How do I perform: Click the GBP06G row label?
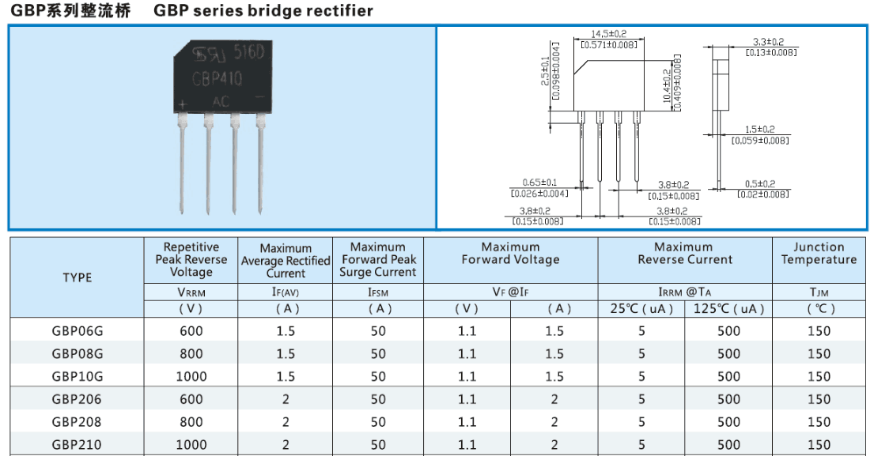pos(78,330)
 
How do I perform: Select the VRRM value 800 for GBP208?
pos(191,422)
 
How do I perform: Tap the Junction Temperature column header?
pos(819,254)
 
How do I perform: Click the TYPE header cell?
pos(78,277)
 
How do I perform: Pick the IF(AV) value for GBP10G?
pos(286,376)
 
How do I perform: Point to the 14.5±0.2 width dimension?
pos(608,34)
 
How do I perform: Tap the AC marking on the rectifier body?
pos(221,100)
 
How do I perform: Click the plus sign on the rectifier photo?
pos(183,104)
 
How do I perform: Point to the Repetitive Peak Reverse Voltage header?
pos(191,259)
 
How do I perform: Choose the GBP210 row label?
pos(78,445)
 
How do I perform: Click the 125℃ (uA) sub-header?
pos(728,309)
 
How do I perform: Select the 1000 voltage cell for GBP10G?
pos(191,376)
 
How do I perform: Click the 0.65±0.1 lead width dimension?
pos(539,182)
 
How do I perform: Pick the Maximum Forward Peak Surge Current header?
pos(377,259)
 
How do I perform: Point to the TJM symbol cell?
pos(819,292)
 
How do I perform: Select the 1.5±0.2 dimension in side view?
pos(759,130)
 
